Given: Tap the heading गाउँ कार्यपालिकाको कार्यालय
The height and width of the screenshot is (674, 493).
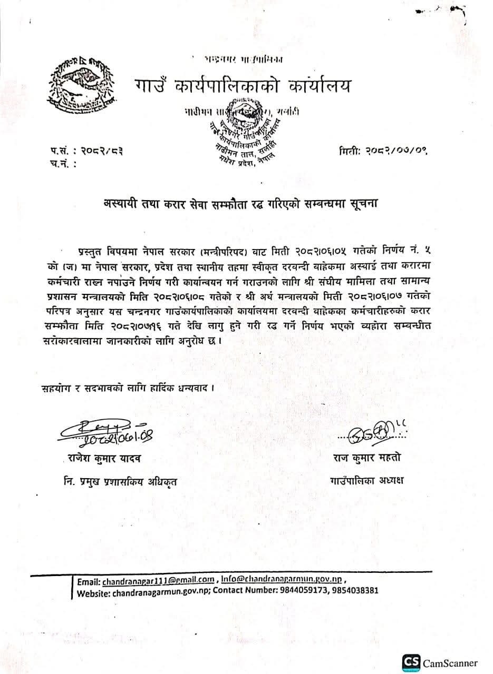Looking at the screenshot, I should (x=240, y=85).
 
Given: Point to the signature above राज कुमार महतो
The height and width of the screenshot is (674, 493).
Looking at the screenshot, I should (x=374, y=432).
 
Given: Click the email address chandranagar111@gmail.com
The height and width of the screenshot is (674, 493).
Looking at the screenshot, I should (x=158, y=581).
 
